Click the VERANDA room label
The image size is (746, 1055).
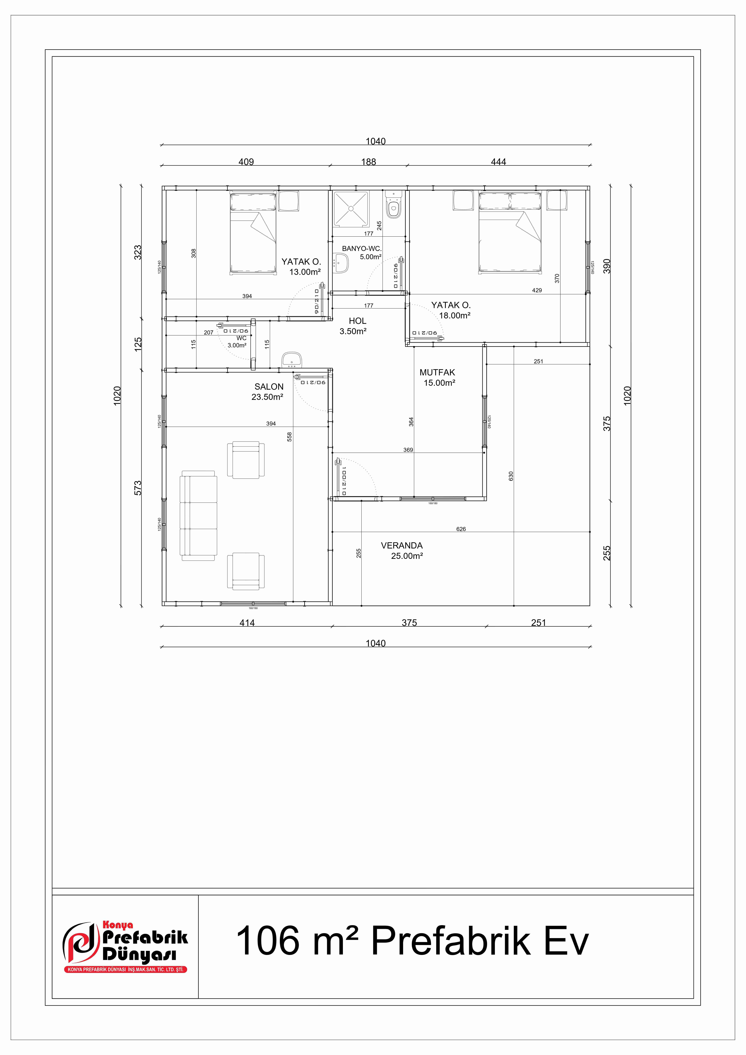[401, 545]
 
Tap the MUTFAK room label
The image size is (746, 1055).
[437, 373]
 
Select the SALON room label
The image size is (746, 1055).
[269, 387]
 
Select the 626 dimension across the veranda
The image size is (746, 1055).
[461, 529]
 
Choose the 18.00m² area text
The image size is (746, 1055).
[454, 316]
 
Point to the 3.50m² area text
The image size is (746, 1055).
[353, 331]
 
